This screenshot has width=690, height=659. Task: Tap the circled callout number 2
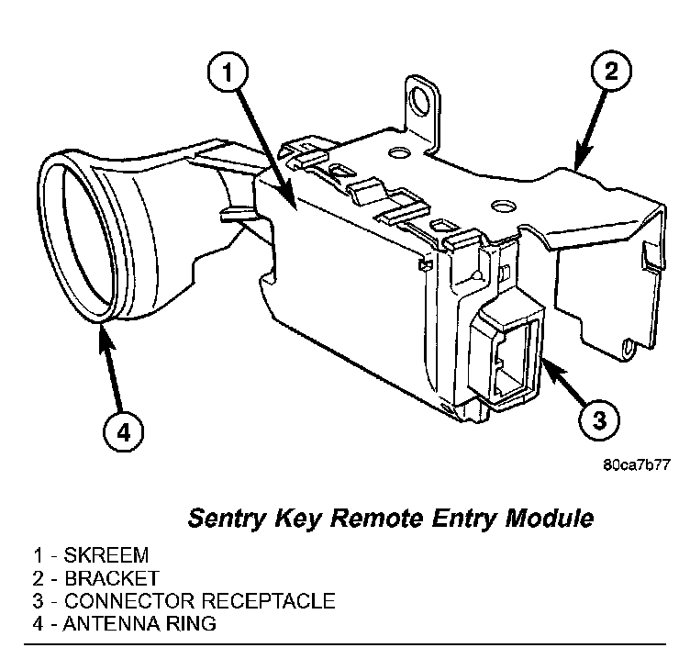(612, 70)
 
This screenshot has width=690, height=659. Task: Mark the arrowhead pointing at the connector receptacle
(540, 363)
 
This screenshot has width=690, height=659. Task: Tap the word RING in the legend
(195, 625)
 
